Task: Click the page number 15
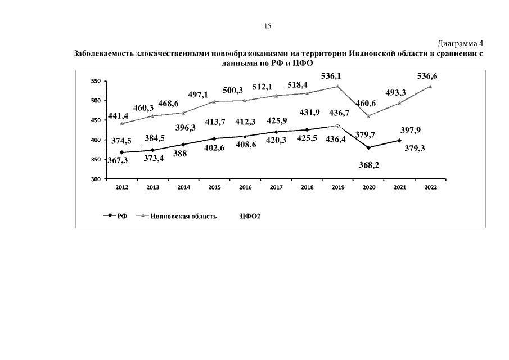click(268, 26)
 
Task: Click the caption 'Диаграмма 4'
click(461, 43)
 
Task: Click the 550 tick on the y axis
click(96, 82)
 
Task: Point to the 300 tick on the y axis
click(96, 179)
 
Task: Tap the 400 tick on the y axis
click(96, 140)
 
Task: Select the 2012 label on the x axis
click(121, 187)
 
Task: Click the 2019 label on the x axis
click(338, 187)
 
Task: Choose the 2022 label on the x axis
click(431, 187)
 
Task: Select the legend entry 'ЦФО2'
click(251, 215)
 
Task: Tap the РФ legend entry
click(121, 215)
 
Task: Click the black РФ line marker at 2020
click(369, 148)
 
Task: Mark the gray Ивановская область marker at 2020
click(369, 116)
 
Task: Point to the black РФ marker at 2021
click(400, 141)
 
